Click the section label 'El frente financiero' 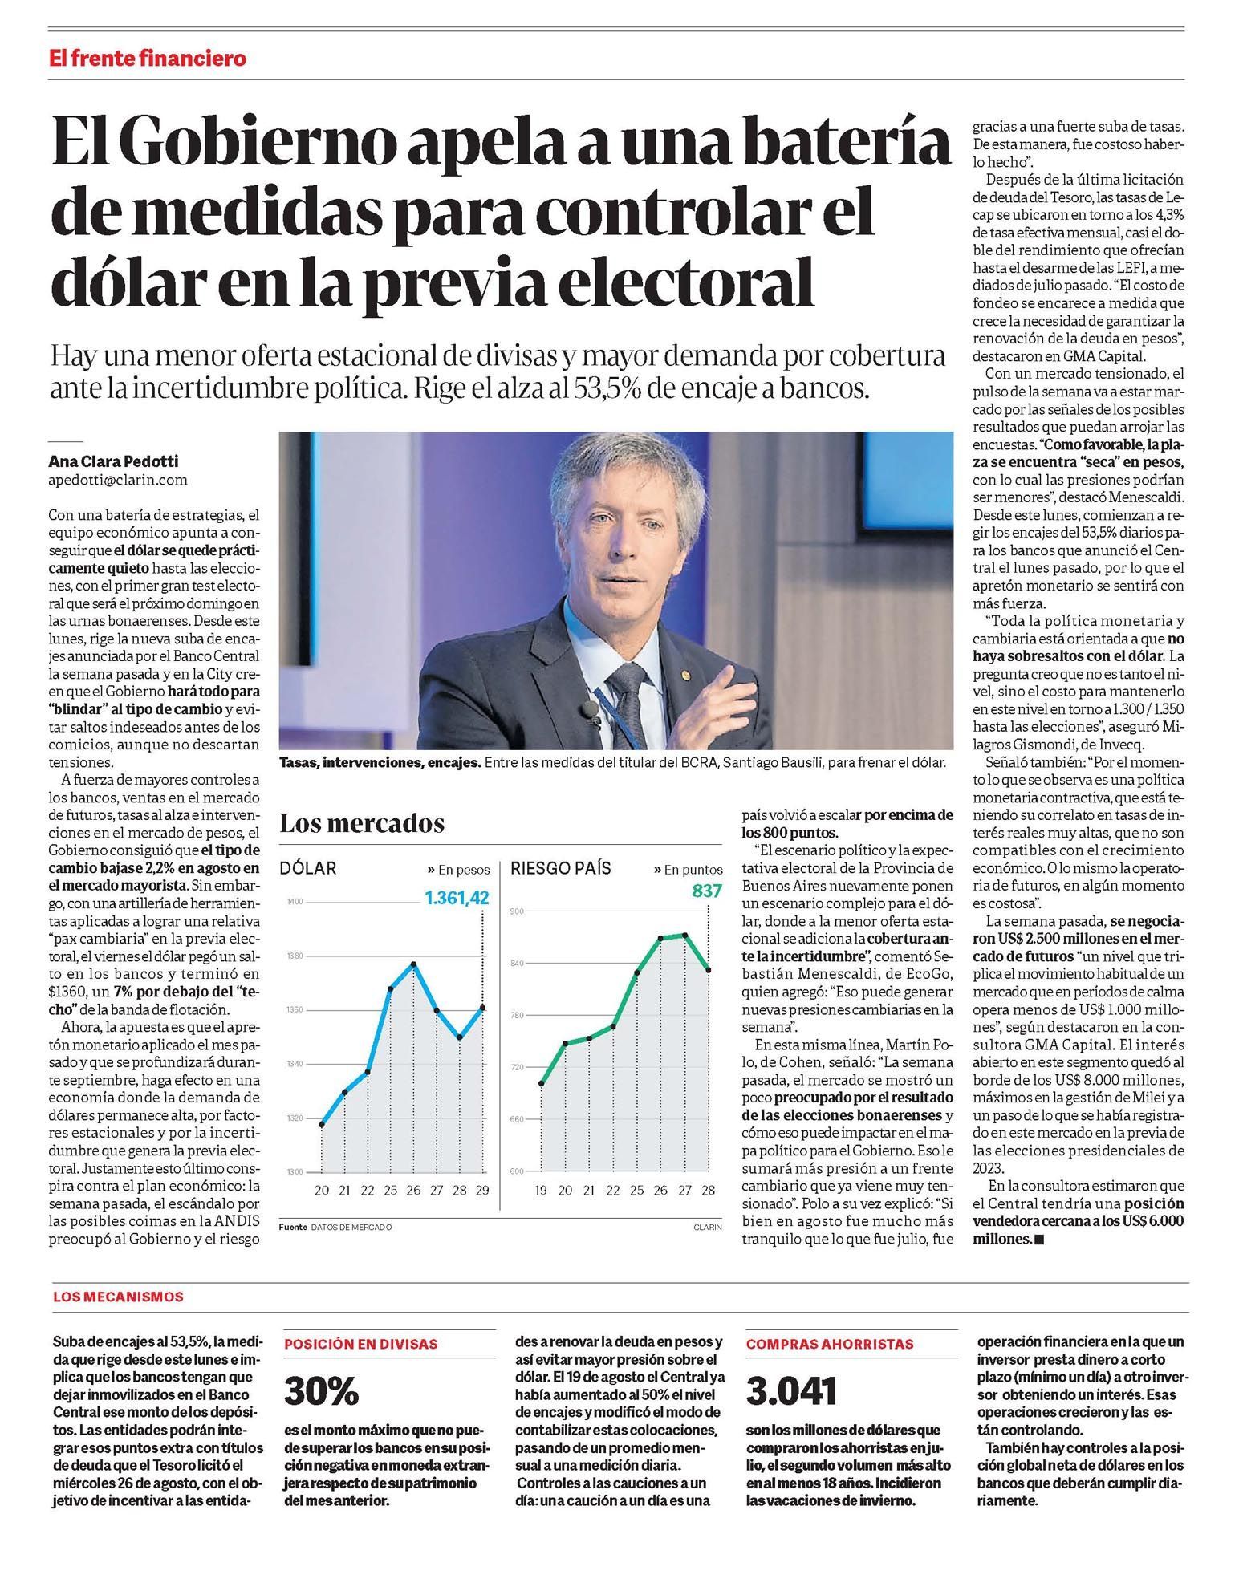pos(148,59)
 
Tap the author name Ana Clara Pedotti pos(113,461)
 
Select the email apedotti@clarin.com pos(118,480)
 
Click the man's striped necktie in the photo pos(625,698)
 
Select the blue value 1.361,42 pos(457,897)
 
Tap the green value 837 pos(707,891)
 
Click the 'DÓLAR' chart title pos(308,868)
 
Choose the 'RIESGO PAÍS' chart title pos(561,868)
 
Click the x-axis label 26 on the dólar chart pos(413,1190)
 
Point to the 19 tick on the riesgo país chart pos(541,1190)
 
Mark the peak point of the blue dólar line pos(413,964)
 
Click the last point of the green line pos(709,969)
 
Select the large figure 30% pos(321,1392)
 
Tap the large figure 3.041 pos(792,1392)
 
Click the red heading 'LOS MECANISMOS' pos(118,1297)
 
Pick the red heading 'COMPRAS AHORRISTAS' pos(830,1344)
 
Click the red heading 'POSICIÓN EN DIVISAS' pos(361,1344)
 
